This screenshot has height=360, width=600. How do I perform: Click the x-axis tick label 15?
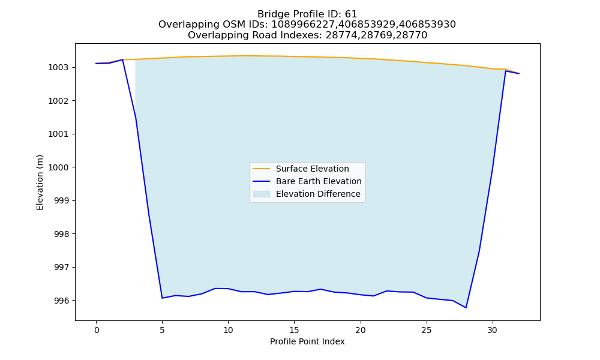[x=294, y=330]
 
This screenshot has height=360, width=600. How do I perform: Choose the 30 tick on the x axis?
[x=493, y=330]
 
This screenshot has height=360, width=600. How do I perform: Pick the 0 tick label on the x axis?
[x=96, y=330]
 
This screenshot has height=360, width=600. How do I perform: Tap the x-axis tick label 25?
[x=426, y=330]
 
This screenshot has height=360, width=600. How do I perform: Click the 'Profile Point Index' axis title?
[x=307, y=341]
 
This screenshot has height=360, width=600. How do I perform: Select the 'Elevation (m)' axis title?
[x=40, y=182]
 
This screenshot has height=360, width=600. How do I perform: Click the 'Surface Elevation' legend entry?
[x=312, y=169]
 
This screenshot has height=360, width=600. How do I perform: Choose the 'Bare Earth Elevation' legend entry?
[x=319, y=181]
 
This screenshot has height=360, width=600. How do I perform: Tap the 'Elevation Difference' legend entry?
[x=318, y=194]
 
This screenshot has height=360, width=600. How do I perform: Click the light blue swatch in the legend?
[x=262, y=194]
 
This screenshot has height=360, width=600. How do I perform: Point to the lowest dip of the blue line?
[x=466, y=308]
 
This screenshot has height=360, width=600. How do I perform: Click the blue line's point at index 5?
[x=162, y=298]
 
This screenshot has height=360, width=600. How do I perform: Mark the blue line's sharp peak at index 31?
[x=505, y=71]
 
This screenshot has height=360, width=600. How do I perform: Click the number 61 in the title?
[x=351, y=14]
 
